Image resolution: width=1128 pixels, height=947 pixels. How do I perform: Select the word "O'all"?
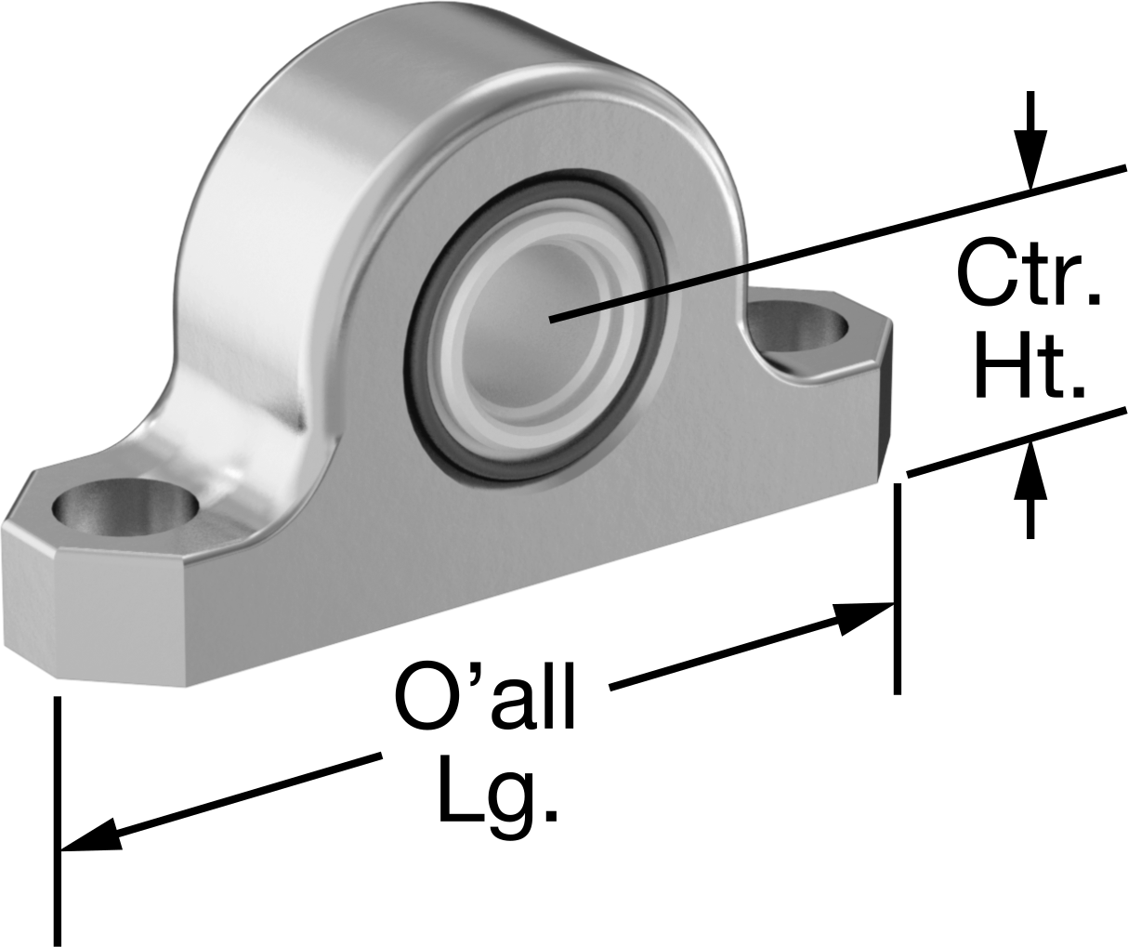(484, 696)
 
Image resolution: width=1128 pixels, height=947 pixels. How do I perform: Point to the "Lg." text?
(497, 790)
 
